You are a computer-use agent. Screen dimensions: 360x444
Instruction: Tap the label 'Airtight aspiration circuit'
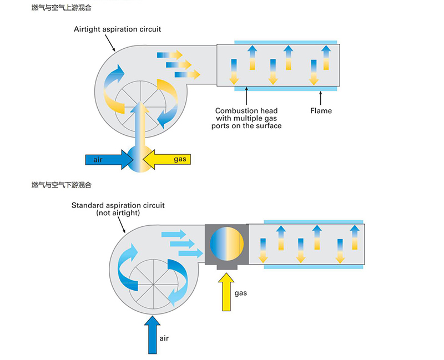pos(117,29)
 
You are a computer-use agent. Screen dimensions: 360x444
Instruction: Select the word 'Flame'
pos(321,110)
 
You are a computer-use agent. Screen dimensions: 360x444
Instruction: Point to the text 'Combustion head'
pos(246,110)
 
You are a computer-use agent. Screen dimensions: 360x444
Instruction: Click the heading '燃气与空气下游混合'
pos(62,185)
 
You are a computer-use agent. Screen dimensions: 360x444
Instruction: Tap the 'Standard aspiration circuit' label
pos(118,205)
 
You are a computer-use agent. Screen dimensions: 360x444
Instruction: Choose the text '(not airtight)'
pos(118,213)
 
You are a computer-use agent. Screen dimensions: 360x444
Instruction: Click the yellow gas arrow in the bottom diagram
pos(226,292)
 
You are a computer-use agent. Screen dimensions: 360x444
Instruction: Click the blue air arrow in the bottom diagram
pos(152,334)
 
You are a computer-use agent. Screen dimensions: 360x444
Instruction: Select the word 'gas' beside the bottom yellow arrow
pos(240,293)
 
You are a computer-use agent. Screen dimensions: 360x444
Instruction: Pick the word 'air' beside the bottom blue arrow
pos(164,338)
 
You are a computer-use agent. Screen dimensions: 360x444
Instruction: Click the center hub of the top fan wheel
pos(140,104)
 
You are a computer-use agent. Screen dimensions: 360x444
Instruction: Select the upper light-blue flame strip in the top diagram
pos(286,42)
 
